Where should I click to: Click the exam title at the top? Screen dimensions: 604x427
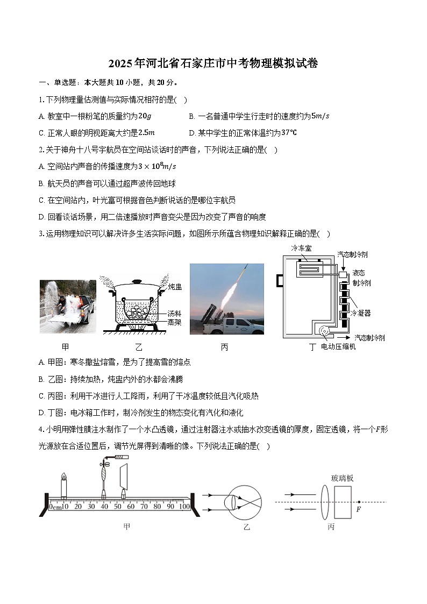click(213, 64)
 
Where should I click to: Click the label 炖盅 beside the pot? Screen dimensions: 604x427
click(175, 287)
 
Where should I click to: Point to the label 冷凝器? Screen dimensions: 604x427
click(360, 312)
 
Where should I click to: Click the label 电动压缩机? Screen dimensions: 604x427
click(338, 346)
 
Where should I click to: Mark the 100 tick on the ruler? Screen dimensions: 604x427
click(184, 506)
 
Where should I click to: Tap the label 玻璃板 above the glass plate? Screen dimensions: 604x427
click(343, 478)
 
